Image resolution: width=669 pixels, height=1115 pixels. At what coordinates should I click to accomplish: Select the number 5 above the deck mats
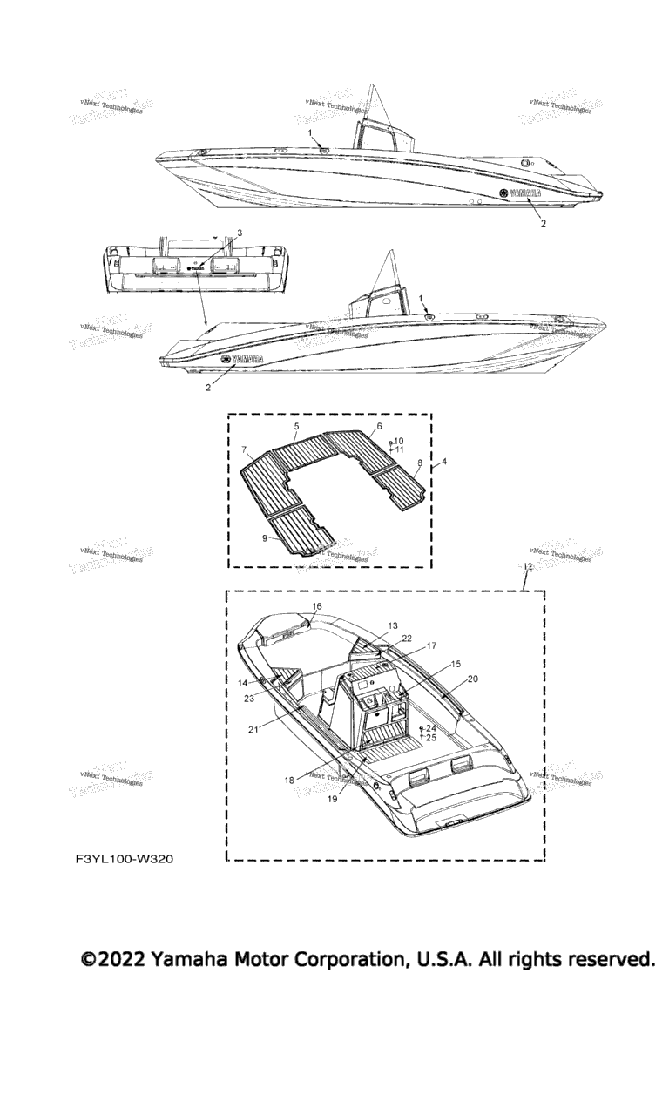click(x=296, y=426)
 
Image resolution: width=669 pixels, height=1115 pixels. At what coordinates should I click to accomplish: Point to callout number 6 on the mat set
click(x=379, y=427)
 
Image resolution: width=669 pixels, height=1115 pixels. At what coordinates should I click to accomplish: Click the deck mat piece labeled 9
click(x=301, y=527)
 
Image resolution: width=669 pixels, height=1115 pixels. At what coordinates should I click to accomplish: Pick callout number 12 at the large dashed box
click(x=526, y=566)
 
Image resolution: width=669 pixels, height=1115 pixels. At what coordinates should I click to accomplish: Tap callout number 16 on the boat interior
click(x=316, y=606)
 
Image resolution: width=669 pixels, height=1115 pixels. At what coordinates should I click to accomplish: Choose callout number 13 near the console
click(x=393, y=625)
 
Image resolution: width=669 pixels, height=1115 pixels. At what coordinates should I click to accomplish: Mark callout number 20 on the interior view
click(x=497, y=678)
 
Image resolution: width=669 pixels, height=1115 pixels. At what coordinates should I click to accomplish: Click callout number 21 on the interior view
click(x=253, y=729)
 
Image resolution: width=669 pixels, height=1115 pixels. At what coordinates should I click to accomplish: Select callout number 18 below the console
click(x=289, y=780)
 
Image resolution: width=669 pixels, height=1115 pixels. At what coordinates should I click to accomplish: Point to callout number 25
click(x=431, y=738)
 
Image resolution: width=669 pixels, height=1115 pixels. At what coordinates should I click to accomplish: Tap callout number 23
click(x=248, y=698)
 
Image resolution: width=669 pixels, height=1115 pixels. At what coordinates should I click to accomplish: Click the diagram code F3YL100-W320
click(x=125, y=860)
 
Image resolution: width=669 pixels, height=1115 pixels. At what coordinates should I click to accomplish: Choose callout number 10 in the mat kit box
click(x=399, y=441)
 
